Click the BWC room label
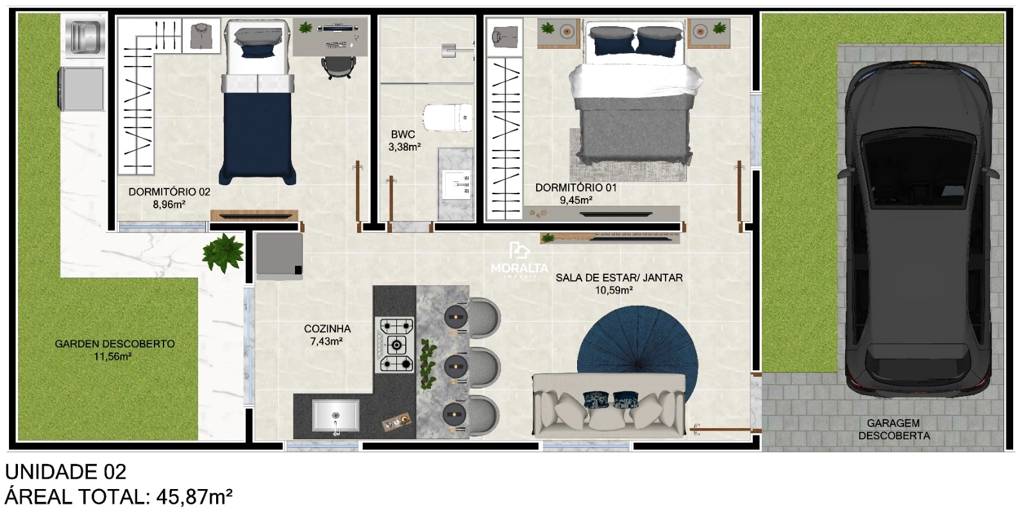[x=403, y=134]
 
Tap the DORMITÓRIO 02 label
[x=169, y=192]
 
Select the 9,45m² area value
[x=576, y=200]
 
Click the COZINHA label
[x=327, y=328]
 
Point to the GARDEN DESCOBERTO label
[x=115, y=344]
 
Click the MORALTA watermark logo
[x=519, y=260]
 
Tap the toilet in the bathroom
[x=448, y=118]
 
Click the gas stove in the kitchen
[x=395, y=344]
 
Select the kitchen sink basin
[x=336, y=415]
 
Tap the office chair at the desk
[x=339, y=67]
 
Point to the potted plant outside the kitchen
[x=223, y=253]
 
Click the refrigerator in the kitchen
[x=279, y=256]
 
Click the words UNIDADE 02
[x=65, y=472]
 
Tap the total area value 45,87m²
[x=195, y=496]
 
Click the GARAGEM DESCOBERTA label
[x=894, y=429]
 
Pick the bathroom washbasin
[x=456, y=183]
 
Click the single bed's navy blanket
[x=257, y=137]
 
